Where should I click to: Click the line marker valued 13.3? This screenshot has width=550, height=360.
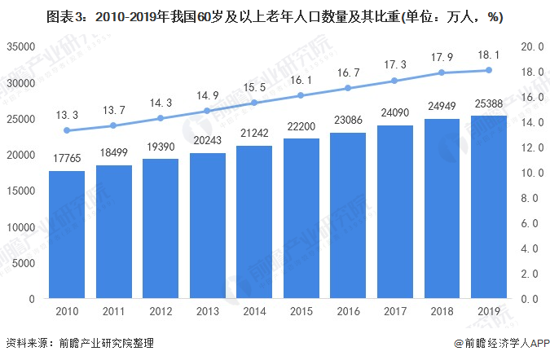click(67, 130)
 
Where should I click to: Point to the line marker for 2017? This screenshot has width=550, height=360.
click(396, 81)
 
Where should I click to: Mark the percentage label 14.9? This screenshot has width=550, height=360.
click(207, 96)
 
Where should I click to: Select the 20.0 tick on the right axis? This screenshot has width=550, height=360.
click(533, 47)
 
